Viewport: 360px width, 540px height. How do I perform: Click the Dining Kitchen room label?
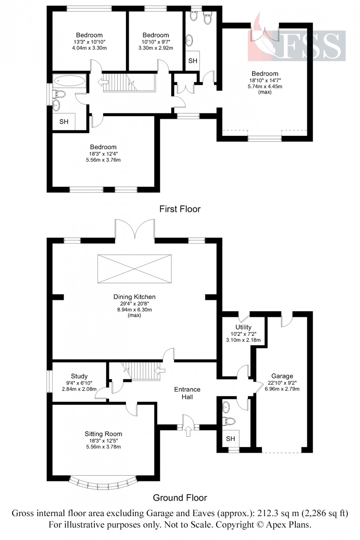click(134, 297)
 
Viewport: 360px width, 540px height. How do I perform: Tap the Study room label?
click(79, 376)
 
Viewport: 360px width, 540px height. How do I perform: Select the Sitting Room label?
click(104, 434)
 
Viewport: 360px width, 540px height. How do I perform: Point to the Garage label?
click(282, 376)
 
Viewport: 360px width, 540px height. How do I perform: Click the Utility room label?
click(243, 327)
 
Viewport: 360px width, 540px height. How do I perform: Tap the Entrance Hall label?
click(187, 393)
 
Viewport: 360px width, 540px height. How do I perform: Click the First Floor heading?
click(180, 209)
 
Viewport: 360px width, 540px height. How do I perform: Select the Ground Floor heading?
click(180, 498)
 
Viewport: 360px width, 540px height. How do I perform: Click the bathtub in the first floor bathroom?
click(69, 81)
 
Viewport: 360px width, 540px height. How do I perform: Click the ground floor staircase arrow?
click(161, 370)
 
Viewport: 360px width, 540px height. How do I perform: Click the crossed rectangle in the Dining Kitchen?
click(134, 269)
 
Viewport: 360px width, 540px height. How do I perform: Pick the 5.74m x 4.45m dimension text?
click(265, 86)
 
